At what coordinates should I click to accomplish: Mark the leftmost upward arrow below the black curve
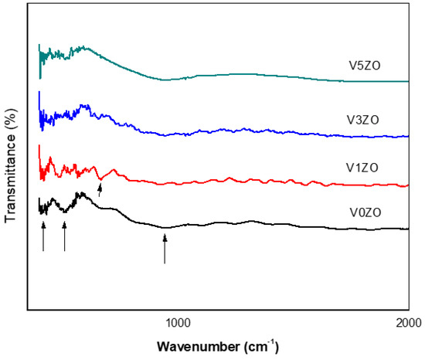tap(43, 235)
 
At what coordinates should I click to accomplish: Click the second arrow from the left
tap(64, 236)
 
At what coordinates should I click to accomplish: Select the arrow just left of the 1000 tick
tap(165, 249)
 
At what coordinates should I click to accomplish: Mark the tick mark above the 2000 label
tap(408, 311)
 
